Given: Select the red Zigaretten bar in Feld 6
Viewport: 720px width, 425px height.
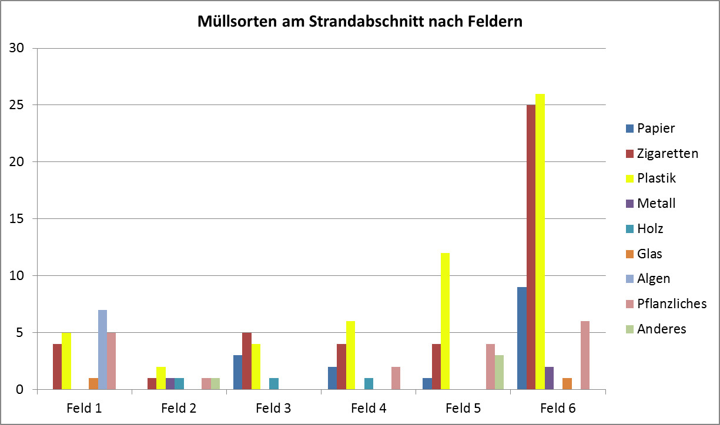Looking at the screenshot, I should pyautogui.click(x=531, y=247).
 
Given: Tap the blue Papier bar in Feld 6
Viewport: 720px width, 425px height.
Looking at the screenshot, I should pyautogui.click(x=521, y=338).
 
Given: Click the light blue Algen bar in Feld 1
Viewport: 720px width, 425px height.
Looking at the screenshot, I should pyautogui.click(x=102, y=350).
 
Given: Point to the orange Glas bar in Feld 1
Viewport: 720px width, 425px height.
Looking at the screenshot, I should pyautogui.click(x=93, y=384).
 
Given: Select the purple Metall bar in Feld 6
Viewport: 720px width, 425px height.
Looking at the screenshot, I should pyautogui.click(x=549, y=378).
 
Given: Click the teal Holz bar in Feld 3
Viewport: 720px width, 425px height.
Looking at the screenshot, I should pyautogui.click(x=274, y=384).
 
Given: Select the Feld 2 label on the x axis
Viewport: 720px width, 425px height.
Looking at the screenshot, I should pyautogui.click(x=179, y=408).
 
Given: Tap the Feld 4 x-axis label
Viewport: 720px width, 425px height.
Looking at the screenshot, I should pyautogui.click(x=369, y=408).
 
